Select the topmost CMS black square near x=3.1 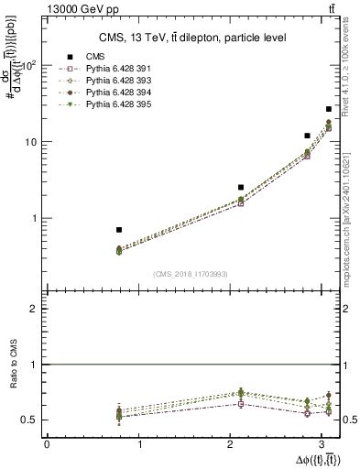pos(329,109)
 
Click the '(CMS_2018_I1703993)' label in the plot pos(191,274)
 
